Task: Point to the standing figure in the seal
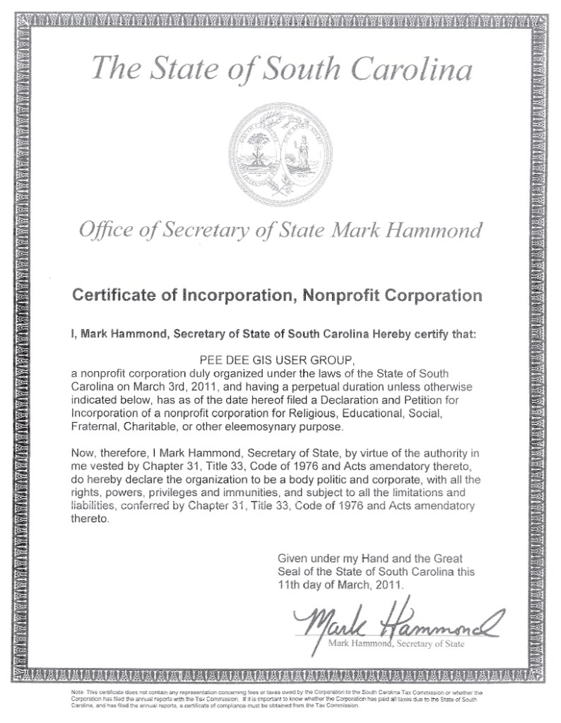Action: pyautogui.click(x=305, y=149)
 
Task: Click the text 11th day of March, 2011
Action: pyautogui.click(x=331, y=584)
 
